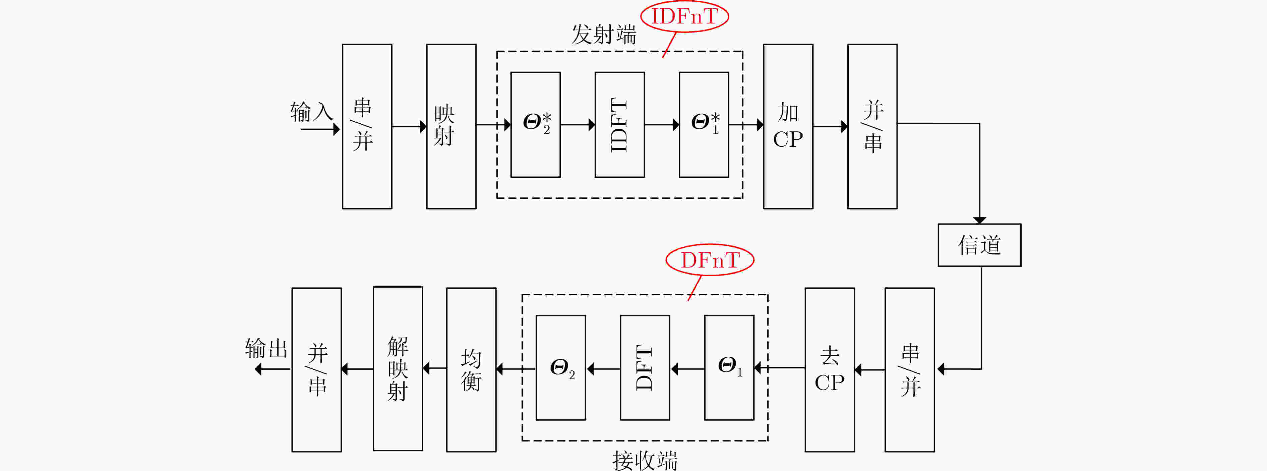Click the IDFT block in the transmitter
(x=620, y=124)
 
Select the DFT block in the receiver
(x=645, y=368)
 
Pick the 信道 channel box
(x=979, y=245)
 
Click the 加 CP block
(x=788, y=126)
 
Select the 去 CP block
(x=830, y=370)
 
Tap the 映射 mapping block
(x=451, y=126)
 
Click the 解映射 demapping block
(x=398, y=369)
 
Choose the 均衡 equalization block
(x=471, y=370)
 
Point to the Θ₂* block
(x=536, y=124)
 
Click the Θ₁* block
(x=704, y=124)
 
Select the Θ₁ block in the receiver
(x=729, y=368)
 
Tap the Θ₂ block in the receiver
(x=561, y=368)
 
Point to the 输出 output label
(x=266, y=348)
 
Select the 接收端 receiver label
(x=645, y=461)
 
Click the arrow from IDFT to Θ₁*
(x=662, y=124)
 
